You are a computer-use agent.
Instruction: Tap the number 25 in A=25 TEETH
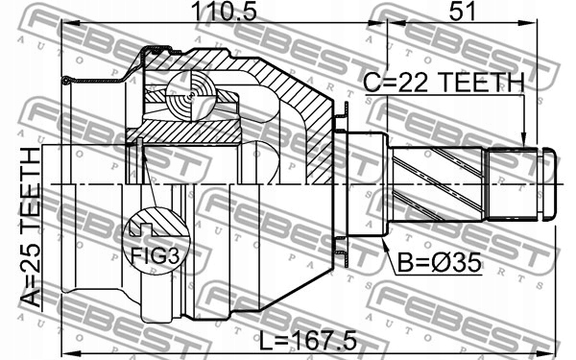(31, 261)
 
